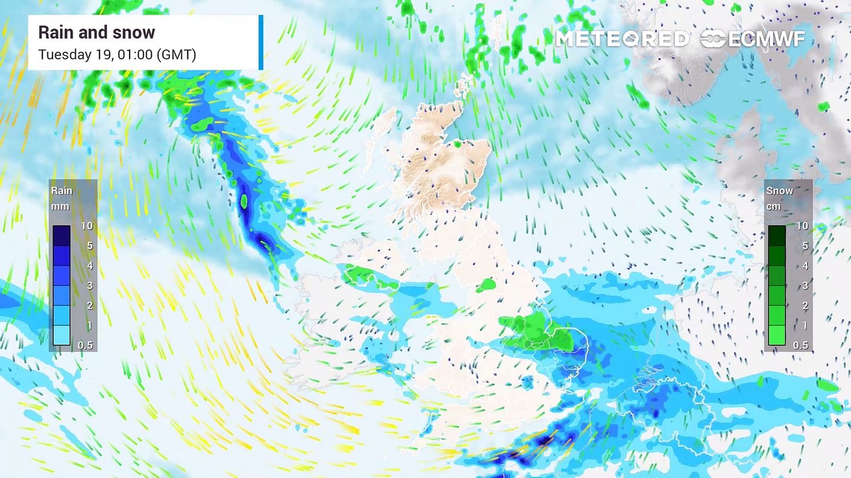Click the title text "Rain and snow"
pos(96,33)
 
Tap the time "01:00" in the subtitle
pos(133,54)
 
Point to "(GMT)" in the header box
pos(176,54)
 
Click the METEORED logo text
pos(622,39)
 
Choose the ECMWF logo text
pos(766,39)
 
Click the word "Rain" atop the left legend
pos(62,191)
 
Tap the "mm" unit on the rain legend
pos(60,206)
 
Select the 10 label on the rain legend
pos(86,226)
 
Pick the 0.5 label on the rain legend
pos(85,345)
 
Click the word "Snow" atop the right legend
pos(779,191)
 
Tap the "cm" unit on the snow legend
pos(774,206)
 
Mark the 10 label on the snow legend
pos(802,226)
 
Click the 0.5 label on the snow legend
pos(801,345)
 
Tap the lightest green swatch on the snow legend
pos(777,335)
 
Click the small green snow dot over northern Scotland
pos(457,144)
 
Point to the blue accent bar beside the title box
pos(261,42)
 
